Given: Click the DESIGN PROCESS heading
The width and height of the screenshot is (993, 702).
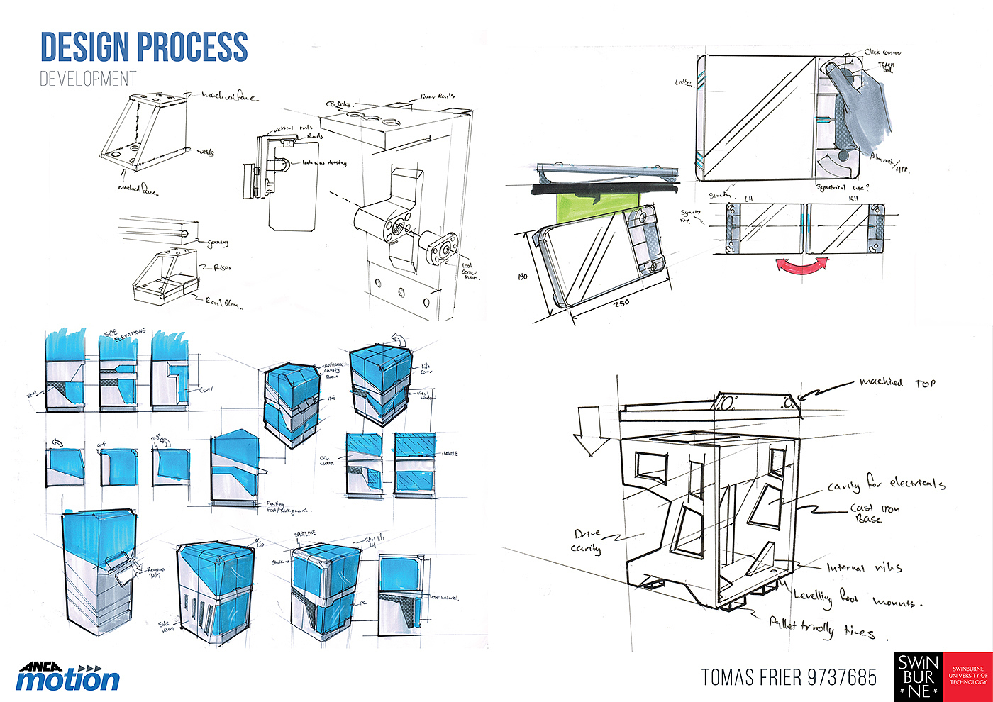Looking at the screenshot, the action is click(x=144, y=47).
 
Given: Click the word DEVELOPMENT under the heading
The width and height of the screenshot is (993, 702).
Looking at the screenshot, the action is click(x=88, y=79).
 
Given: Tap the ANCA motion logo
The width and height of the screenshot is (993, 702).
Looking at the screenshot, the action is click(x=68, y=677).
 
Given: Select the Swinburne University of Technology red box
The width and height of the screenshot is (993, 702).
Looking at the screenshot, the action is click(x=967, y=676).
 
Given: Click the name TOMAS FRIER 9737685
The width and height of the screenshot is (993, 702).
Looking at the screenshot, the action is click(x=789, y=677).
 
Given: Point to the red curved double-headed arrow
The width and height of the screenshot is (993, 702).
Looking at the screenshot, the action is click(x=801, y=265).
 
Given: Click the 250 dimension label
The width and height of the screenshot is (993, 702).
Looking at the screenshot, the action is click(x=621, y=303).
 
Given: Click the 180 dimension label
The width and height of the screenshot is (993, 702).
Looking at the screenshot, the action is click(x=523, y=276).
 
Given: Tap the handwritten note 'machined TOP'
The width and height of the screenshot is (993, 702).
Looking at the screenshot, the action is click(x=897, y=383).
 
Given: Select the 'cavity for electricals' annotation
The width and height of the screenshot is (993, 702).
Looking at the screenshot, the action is click(x=886, y=484).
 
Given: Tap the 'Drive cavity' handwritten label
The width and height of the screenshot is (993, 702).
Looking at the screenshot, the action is click(x=587, y=540).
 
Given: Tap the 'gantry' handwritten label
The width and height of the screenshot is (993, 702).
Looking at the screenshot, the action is click(x=217, y=243).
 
